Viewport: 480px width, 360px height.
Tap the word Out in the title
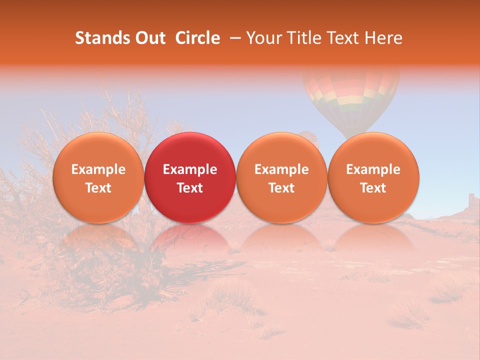(x=150, y=38)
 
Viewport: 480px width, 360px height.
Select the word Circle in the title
(x=197, y=38)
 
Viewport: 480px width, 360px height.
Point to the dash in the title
(x=233, y=38)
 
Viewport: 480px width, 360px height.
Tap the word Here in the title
(x=384, y=38)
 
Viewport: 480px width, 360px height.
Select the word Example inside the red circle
(x=190, y=169)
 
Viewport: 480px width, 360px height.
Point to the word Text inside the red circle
(x=190, y=188)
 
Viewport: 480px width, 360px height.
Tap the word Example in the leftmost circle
(x=98, y=169)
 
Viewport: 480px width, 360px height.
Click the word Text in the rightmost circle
(x=373, y=188)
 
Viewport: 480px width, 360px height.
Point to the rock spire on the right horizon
(x=471, y=202)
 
